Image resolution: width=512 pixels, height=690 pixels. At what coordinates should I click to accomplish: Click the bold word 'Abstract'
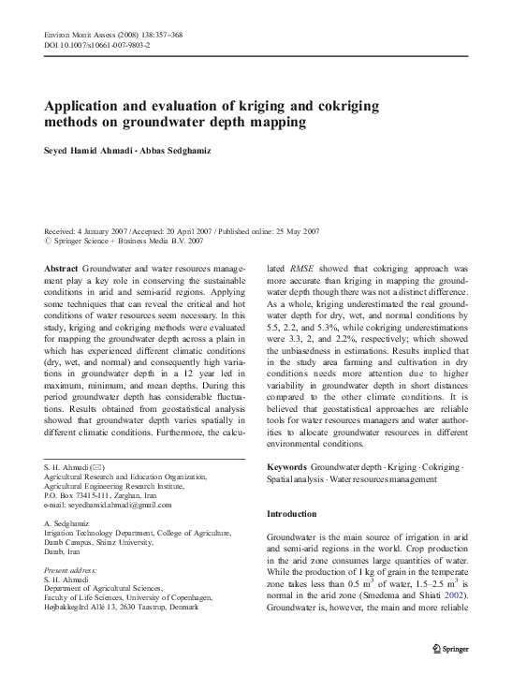(x=62, y=268)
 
